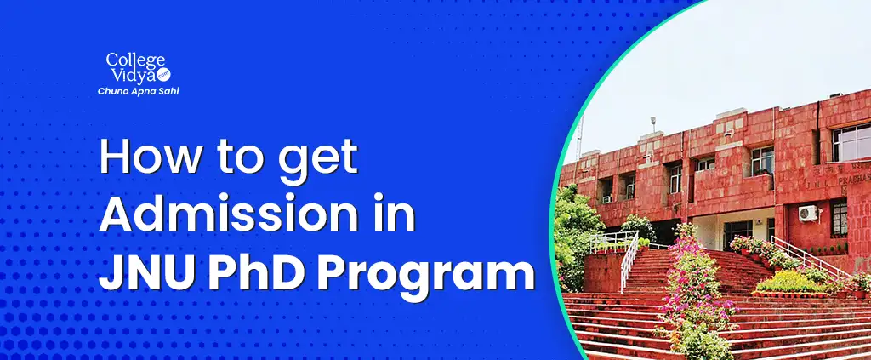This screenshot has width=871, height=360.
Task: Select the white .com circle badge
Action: [x=163, y=74]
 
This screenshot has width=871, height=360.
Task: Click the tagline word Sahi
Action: [x=169, y=91]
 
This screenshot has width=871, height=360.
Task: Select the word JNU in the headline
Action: [x=146, y=272]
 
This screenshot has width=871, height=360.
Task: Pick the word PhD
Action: [x=259, y=272]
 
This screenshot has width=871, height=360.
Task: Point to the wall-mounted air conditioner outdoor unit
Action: [x=808, y=213]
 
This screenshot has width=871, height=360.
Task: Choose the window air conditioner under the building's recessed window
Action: [x=606, y=199]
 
